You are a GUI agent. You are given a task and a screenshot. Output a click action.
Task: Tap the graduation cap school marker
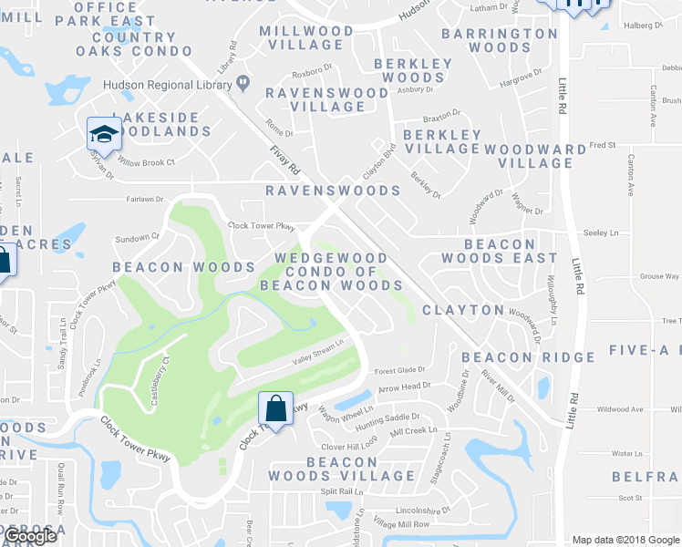103,135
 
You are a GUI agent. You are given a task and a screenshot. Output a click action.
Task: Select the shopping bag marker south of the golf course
275,408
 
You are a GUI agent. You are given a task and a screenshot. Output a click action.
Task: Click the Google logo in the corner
30,537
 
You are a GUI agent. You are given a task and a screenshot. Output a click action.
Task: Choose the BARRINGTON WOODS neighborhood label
499,42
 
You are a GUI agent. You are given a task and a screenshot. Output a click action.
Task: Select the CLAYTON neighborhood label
462,310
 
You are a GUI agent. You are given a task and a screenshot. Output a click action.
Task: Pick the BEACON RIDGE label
516,356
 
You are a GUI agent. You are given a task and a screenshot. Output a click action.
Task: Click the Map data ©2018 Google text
625,539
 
